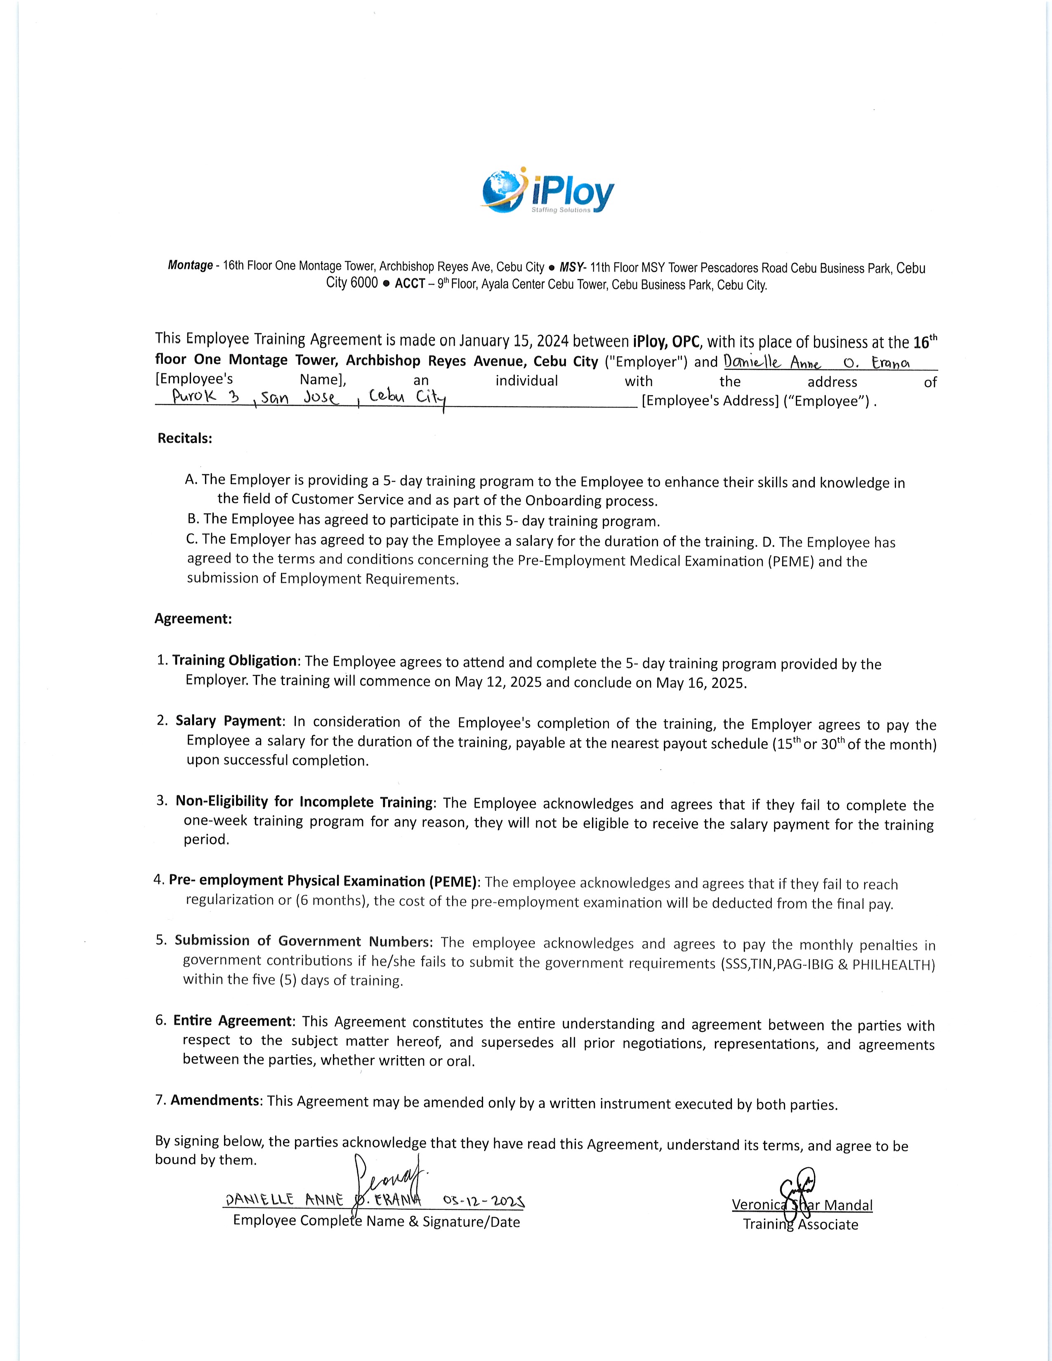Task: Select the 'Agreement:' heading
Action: click(193, 619)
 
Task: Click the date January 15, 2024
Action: click(514, 341)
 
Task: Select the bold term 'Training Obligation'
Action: click(234, 661)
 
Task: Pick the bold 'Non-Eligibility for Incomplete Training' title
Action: click(304, 802)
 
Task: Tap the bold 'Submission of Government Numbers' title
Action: click(302, 941)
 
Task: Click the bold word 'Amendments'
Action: click(215, 1100)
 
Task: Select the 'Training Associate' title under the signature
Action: click(800, 1224)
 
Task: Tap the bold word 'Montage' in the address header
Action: click(190, 266)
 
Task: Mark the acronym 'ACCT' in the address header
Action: click(410, 284)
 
